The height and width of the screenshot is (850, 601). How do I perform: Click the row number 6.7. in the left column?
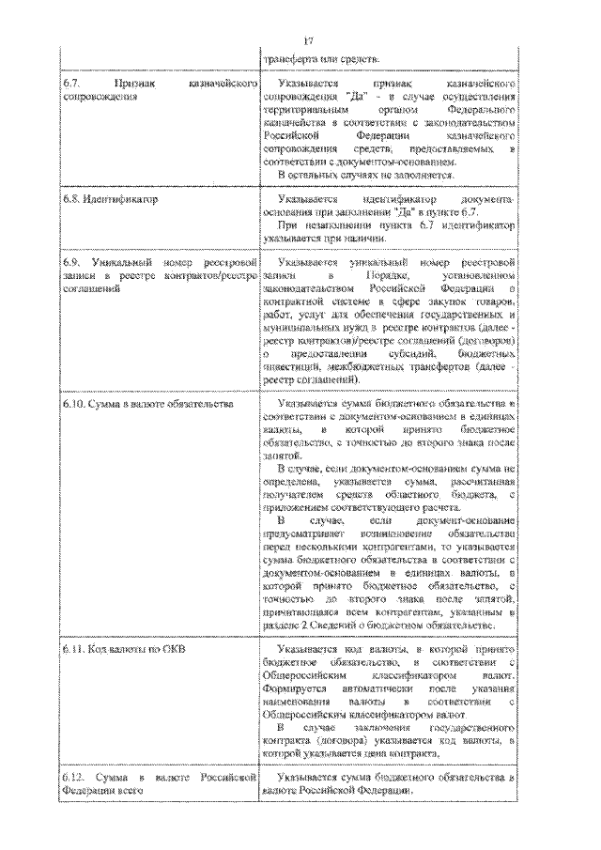point(72,84)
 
